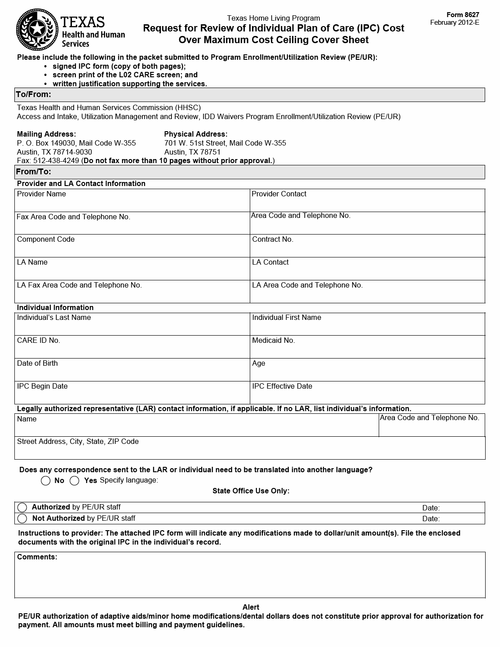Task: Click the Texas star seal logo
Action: point(36,29)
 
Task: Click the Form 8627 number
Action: point(463,15)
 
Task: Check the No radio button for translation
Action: point(45,481)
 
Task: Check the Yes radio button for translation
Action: point(75,481)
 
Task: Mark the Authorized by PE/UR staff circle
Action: point(22,507)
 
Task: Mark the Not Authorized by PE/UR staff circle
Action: point(22,518)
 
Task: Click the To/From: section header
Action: point(34,94)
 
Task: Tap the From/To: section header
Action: point(34,172)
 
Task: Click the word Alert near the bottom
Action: point(251,607)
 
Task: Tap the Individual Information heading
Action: point(55,307)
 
